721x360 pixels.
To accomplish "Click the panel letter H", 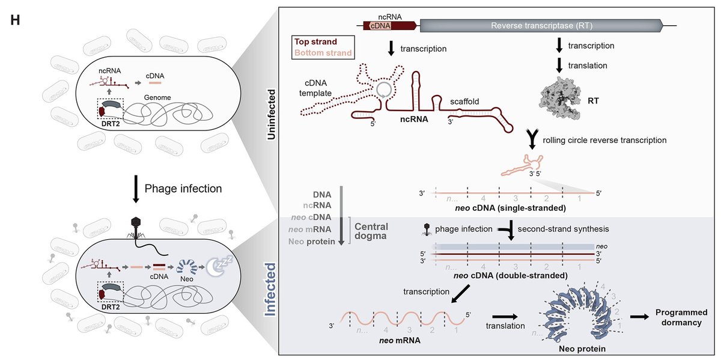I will (16, 20).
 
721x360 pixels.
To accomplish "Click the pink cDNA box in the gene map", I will (379, 26).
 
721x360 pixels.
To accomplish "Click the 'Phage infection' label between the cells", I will (184, 188).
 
